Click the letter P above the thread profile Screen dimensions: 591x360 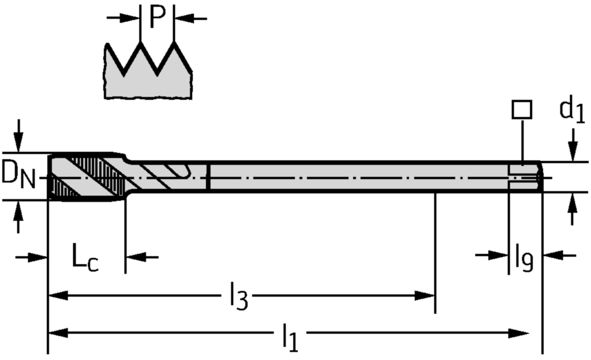coord(158,17)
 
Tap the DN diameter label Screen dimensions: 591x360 coord(18,176)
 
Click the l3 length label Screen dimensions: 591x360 coord(239,297)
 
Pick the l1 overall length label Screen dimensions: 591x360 coord(291,336)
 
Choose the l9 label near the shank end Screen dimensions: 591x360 coord(524,257)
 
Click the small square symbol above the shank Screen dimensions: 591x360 coord(522,110)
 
